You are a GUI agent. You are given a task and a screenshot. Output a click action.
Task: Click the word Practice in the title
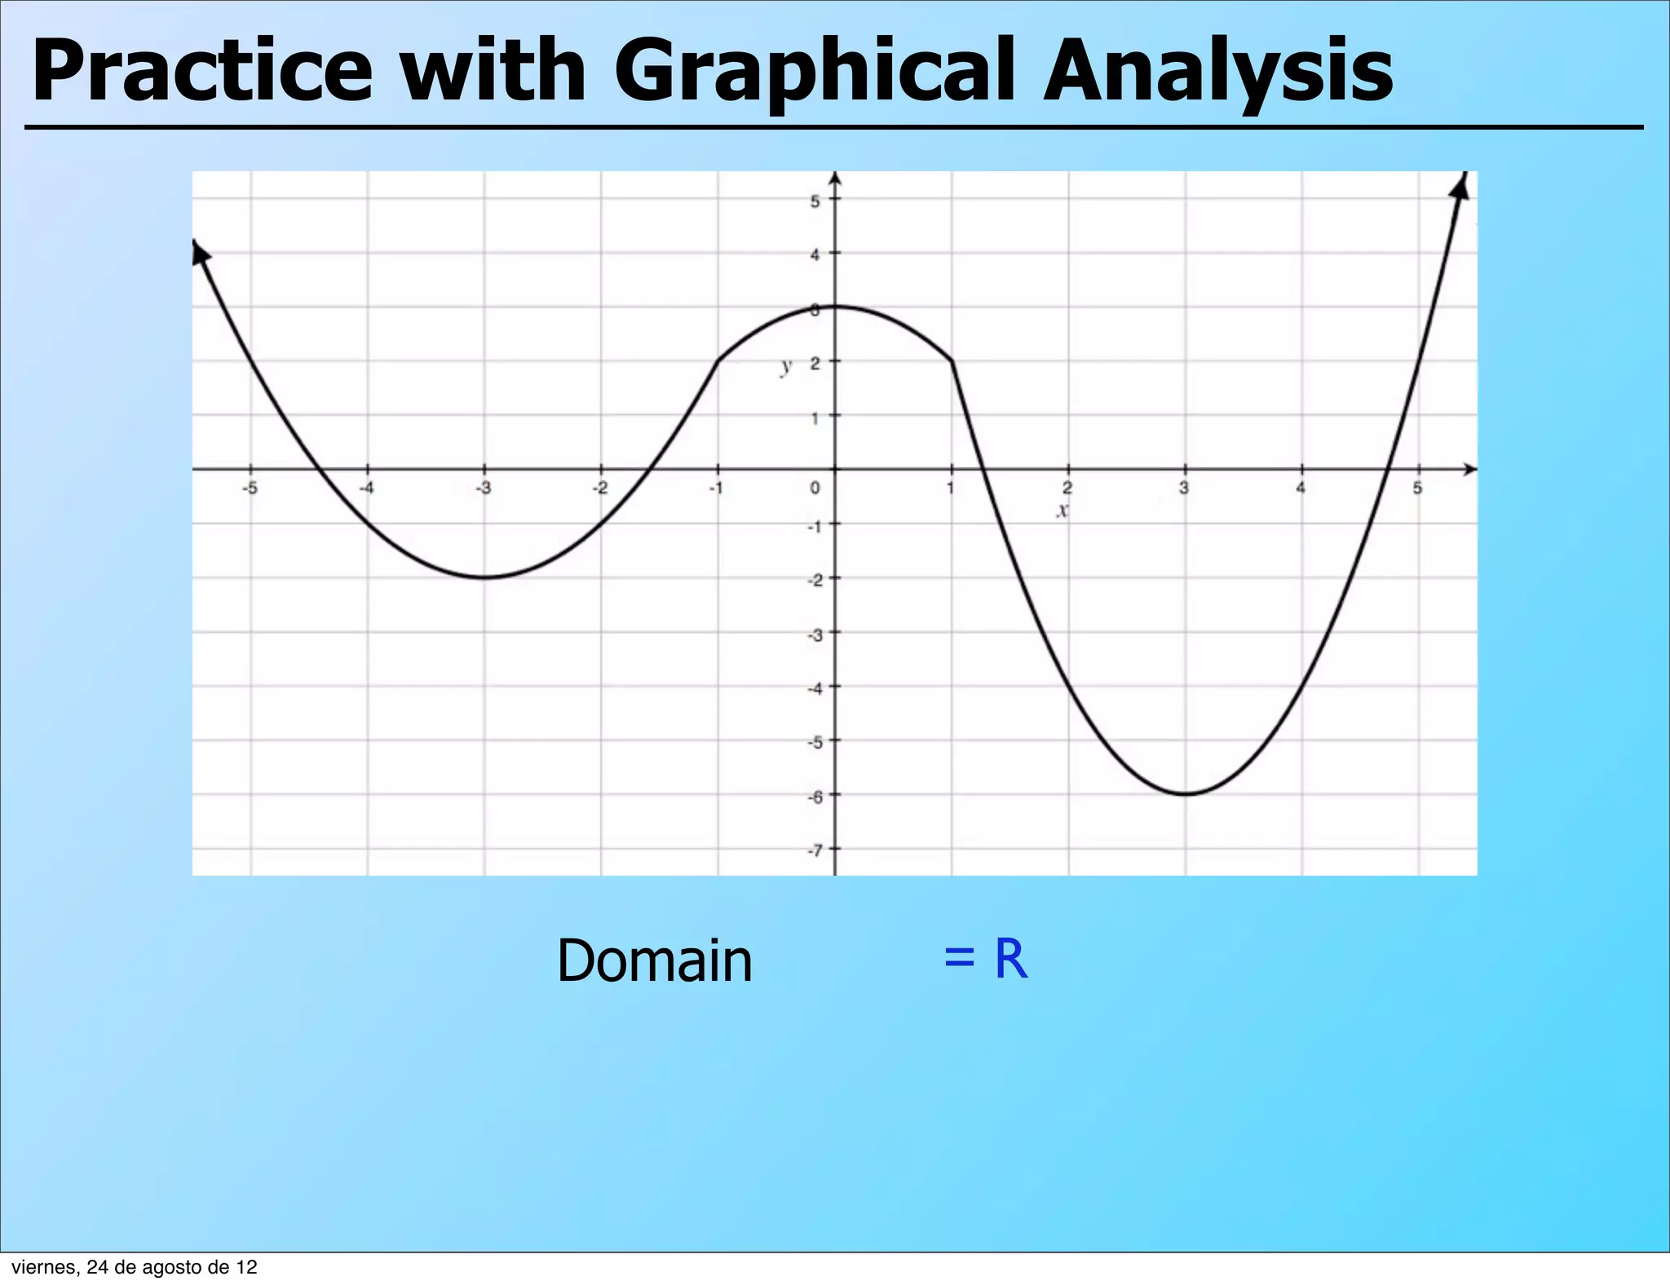202,72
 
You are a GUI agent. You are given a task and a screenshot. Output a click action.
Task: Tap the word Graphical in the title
818,73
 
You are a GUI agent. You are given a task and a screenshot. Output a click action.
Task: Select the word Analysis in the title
1218,73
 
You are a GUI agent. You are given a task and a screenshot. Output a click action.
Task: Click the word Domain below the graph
654,961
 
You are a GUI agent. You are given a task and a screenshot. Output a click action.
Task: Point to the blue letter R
1010,959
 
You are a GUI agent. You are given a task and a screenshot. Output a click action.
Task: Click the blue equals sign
959,959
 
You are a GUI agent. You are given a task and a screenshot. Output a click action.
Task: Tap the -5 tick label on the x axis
250,488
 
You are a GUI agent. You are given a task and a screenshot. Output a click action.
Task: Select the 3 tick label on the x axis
1184,488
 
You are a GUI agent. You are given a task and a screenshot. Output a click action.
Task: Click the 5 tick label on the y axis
815,201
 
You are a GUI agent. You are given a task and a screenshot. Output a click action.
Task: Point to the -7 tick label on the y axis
815,850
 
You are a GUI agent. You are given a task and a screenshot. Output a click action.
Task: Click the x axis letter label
1062,511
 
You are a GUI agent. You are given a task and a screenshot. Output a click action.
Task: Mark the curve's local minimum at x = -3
484,577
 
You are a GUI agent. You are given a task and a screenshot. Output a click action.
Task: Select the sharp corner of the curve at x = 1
952,361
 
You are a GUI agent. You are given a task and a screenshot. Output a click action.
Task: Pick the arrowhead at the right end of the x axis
1469,469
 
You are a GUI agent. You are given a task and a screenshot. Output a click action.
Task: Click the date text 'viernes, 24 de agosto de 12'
134,1267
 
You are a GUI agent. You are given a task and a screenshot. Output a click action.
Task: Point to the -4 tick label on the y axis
815,688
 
